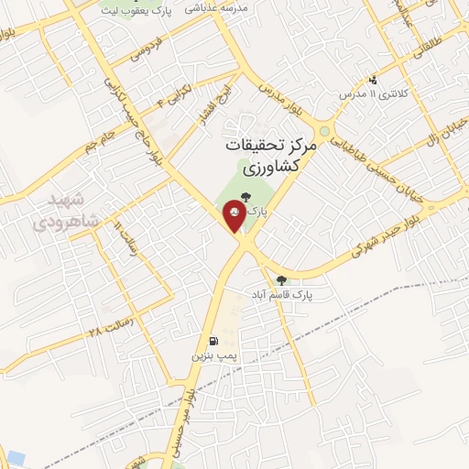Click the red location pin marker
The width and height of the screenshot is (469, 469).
click(x=235, y=217)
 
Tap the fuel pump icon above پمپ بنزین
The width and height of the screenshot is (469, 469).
click(x=213, y=335)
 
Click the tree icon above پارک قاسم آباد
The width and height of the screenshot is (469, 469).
click(x=281, y=280)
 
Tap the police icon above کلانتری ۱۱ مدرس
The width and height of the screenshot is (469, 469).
click(x=372, y=81)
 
